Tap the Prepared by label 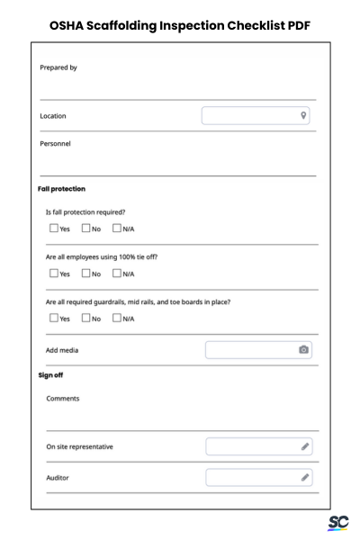pyautogui.click(x=58, y=67)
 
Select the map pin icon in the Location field pyautogui.click(x=303, y=115)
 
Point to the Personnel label pyautogui.click(x=56, y=142)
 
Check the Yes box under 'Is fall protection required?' pyautogui.click(x=54, y=229)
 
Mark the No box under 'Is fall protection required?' pyautogui.click(x=86, y=229)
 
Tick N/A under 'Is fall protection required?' pyautogui.click(x=117, y=229)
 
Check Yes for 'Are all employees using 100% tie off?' pyautogui.click(x=54, y=274)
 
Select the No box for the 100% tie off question pyautogui.click(x=86, y=274)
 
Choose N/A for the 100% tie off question pyautogui.click(x=117, y=274)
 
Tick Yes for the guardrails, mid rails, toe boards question pyautogui.click(x=54, y=318)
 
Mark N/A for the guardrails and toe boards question pyautogui.click(x=117, y=318)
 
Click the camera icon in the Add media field pyautogui.click(x=304, y=349)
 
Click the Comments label pyautogui.click(x=62, y=398)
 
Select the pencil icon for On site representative pyautogui.click(x=305, y=446)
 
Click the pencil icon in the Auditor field pyautogui.click(x=305, y=477)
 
